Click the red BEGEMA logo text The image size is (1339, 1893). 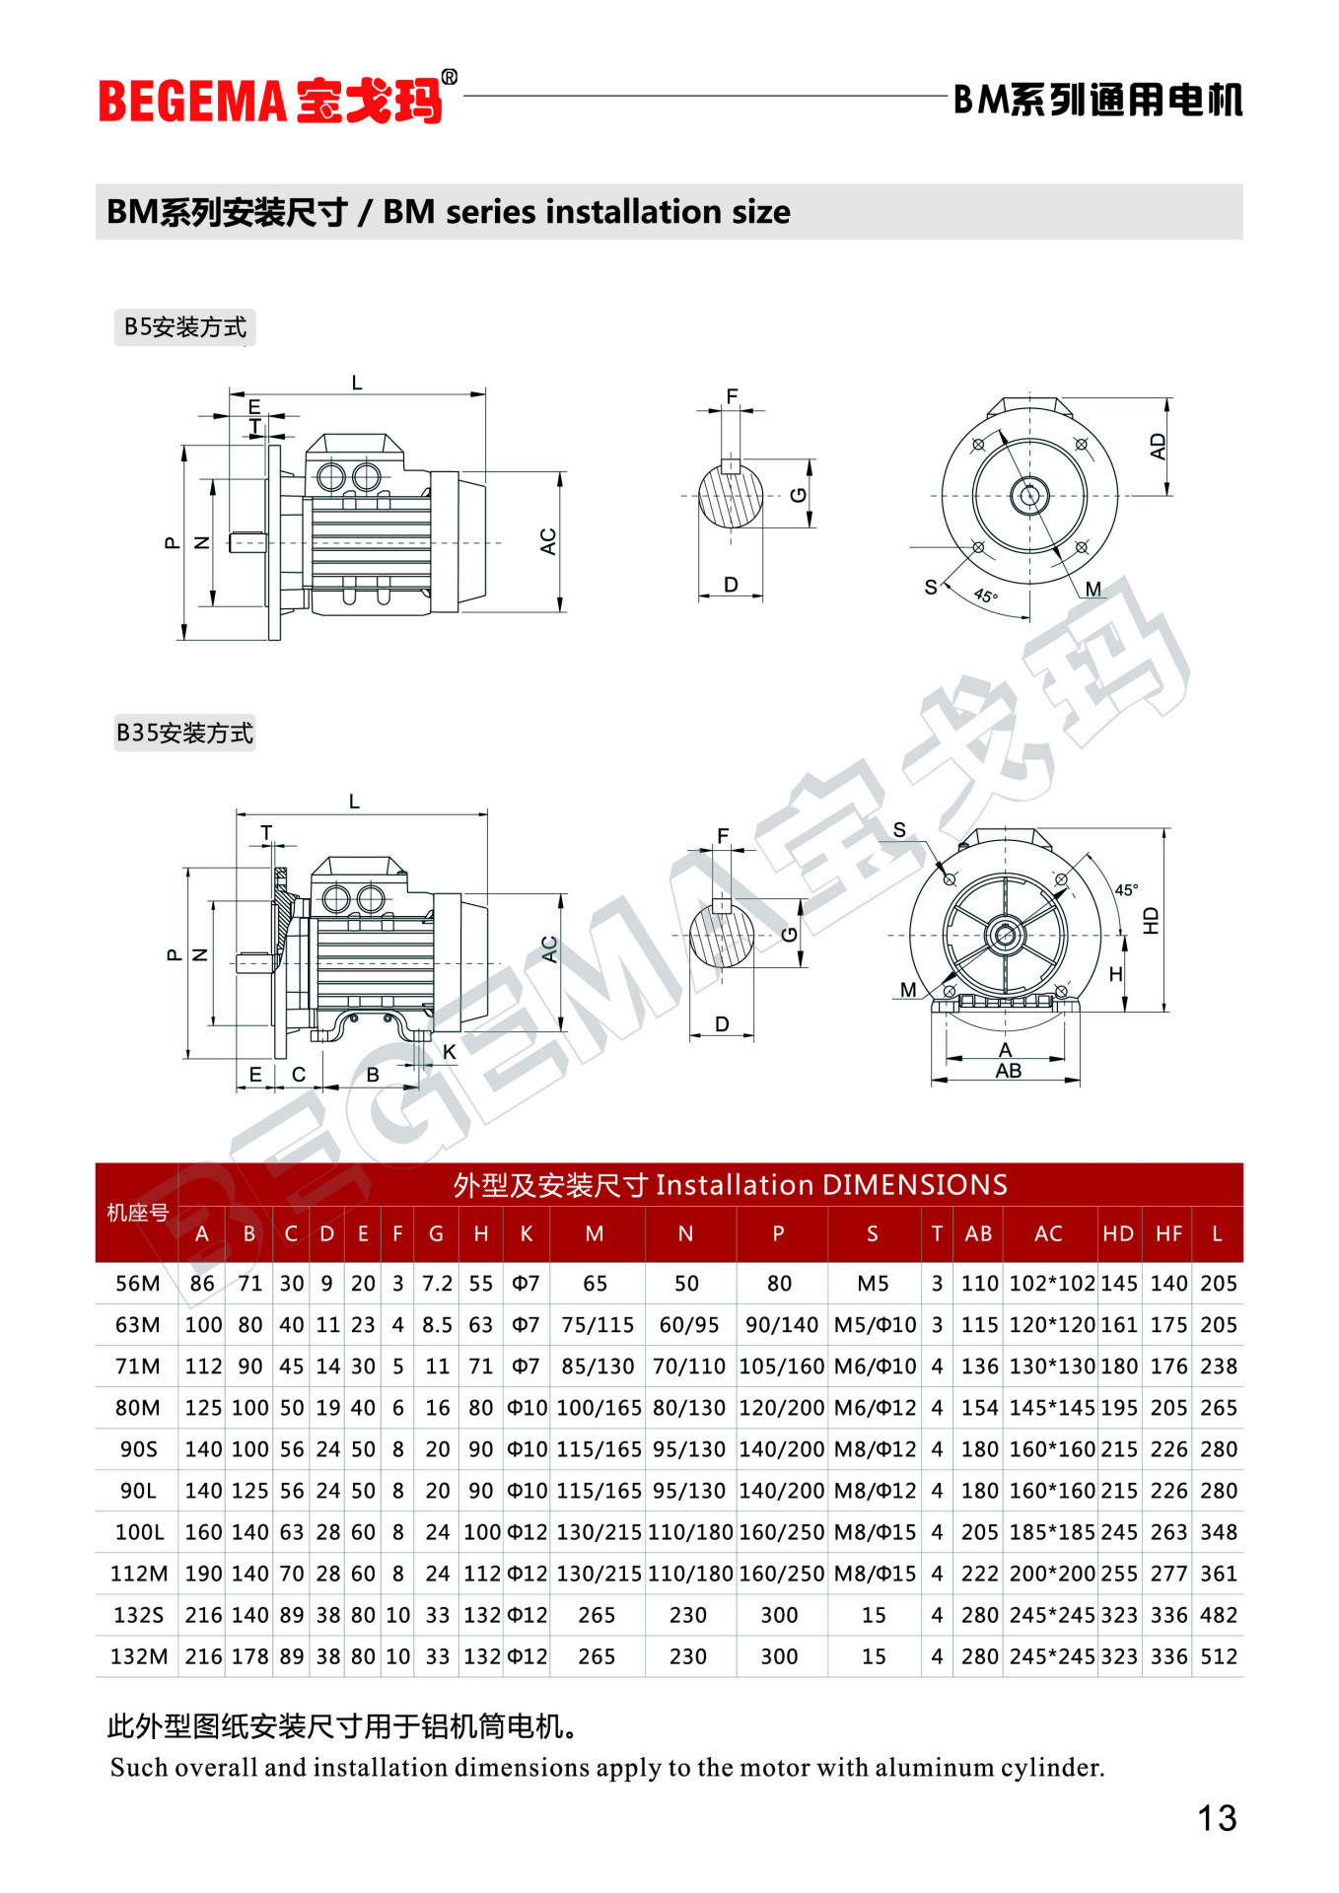[x=192, y=101]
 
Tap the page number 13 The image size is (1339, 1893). [x=1217, y=1817]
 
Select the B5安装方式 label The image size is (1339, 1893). [x=185, y=326]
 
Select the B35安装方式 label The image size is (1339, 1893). [x=185, y=733]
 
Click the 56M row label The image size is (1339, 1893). [x=138, y=1283]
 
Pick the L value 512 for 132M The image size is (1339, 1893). [x=1219, y=1655]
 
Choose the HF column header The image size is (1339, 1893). [x=1168, y=1233]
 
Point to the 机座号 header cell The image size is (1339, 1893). [x=138, y=1213]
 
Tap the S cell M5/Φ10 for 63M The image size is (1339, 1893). [x=876, y=1324]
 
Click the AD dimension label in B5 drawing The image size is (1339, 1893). [x=1158, y=447]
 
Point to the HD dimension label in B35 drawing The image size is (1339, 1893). [x=1151, y=920]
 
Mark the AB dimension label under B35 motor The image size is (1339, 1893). [x=1008, y=1071]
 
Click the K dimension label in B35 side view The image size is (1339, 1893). [x=450, y=1052]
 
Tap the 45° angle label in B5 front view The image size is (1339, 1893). [x=985, y=596]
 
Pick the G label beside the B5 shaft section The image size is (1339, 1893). [x=799, y=495]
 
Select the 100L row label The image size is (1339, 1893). [x=139, y=1531]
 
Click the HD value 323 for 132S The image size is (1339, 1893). [x=1119, y=1614]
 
